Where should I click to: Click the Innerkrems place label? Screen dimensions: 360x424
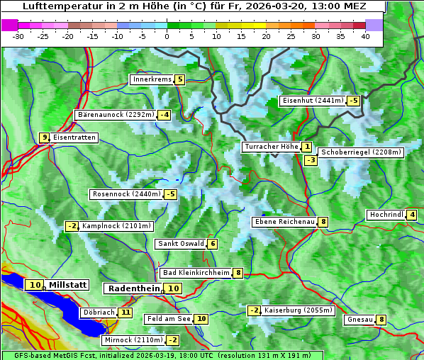point(152,79)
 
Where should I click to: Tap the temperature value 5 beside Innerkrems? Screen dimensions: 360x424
point(179,79)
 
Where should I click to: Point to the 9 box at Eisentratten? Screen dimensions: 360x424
point(44,137)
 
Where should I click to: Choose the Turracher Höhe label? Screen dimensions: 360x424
point(271,147)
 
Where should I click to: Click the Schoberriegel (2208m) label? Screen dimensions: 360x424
point(361,152)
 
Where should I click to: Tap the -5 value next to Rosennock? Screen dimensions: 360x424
point(170,194)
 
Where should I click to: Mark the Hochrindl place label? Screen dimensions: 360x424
point(386,215)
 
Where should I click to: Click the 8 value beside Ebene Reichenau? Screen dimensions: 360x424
point(323,222)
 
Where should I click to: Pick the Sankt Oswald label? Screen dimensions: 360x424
point(181,244)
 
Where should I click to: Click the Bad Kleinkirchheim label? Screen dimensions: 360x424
point(196,273)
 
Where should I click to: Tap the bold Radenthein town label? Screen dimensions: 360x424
point(133,288)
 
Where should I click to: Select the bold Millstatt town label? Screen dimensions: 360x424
point(67,285)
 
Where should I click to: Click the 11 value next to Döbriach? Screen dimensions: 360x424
point(125,312)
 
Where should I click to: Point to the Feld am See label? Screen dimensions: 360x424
point(169,319)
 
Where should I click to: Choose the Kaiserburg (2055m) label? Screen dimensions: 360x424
point(298,310)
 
